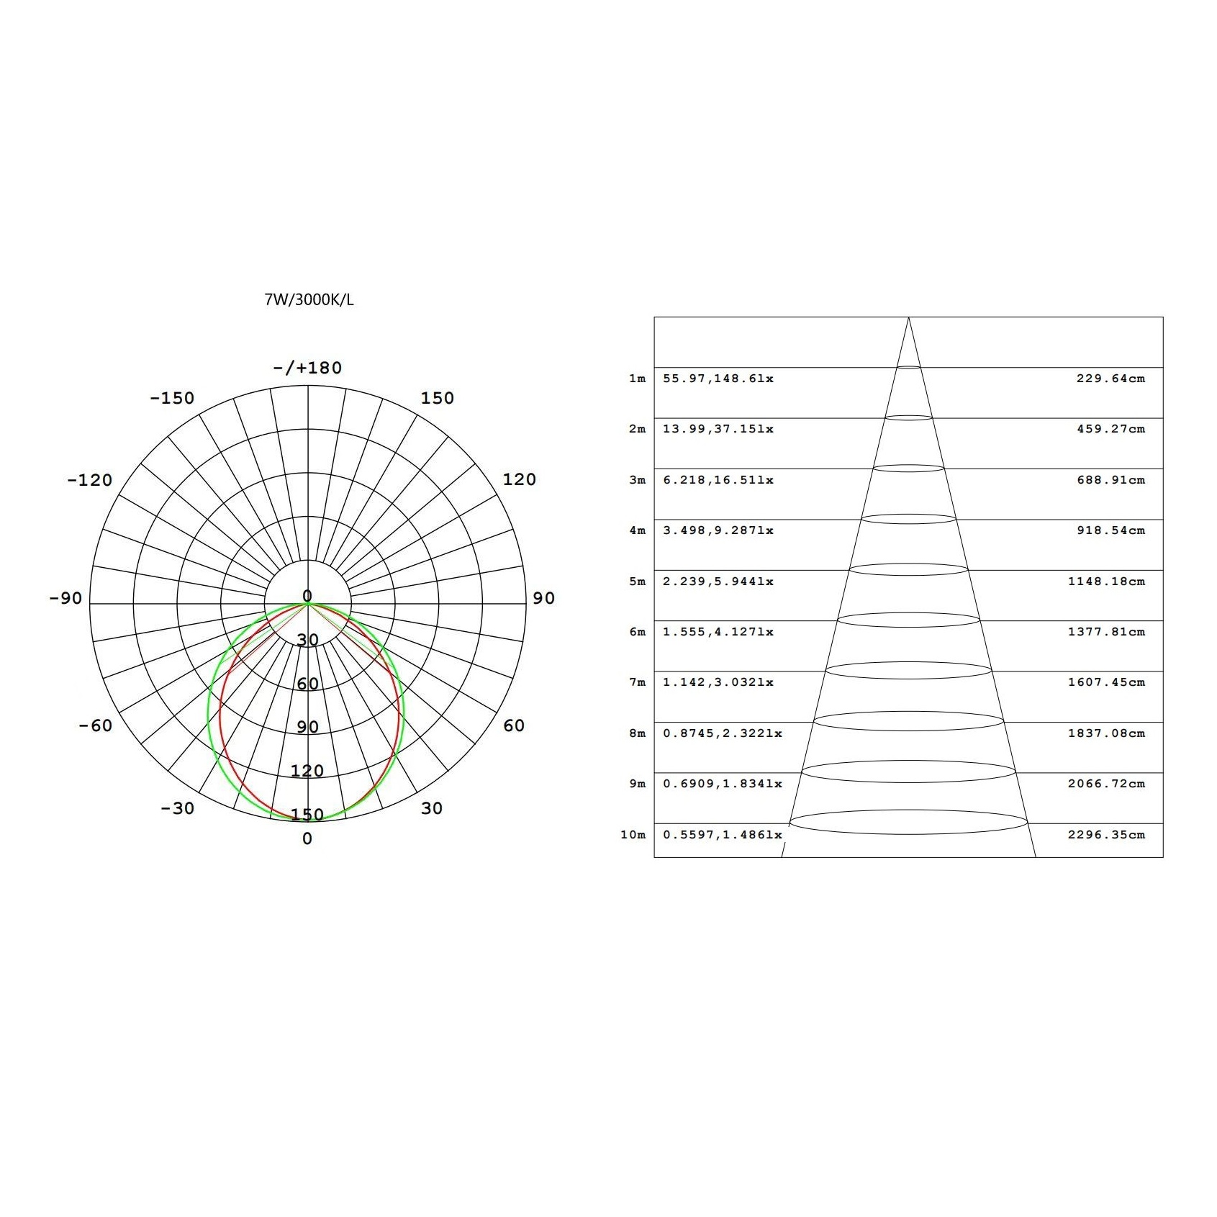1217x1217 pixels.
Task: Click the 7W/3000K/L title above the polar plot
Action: coord(309,300)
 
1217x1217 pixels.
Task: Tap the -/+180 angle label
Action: coord(307,368)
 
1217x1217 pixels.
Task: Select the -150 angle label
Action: coord(172,398)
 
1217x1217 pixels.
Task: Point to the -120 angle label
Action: coord(90,480)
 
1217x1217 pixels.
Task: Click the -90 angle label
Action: coord(65,598)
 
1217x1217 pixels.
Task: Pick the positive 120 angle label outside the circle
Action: coord(520,479)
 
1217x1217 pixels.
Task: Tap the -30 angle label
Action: coord(178,808)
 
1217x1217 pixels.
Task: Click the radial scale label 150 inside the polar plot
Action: coord(307,814)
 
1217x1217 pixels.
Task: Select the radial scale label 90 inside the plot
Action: coord(308,727)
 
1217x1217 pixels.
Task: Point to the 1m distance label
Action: coord(638,379)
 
